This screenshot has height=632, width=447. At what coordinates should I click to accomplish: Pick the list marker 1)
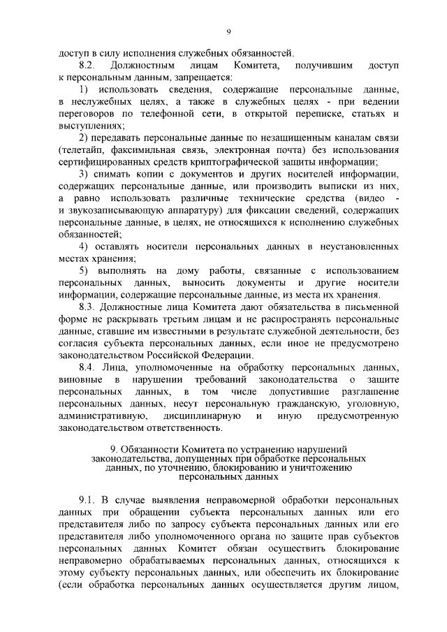[83, 90]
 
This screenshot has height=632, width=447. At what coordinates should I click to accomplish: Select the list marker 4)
[83, 247]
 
